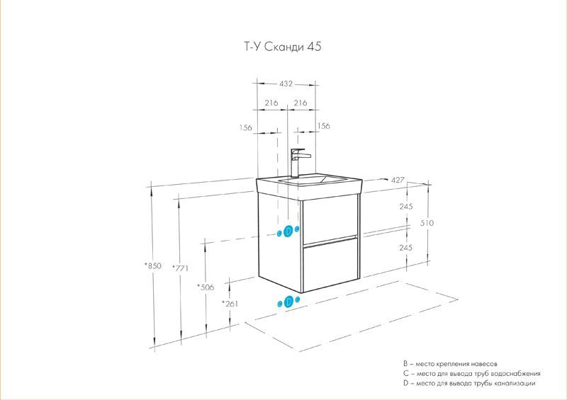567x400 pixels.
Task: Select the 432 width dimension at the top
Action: pyautogui.click(x=285, y=84)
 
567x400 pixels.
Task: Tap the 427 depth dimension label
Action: pyautogui.click(x=398, y=181)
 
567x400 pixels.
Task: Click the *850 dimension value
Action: pyautogui.click(x=152, y=265)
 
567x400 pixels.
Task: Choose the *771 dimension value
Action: pyautogui.click(x=182, y=268)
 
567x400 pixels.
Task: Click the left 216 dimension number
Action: pyautogui.click(x=270, y=103)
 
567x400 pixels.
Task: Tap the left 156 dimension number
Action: pyautogui.click(x=246, y=127)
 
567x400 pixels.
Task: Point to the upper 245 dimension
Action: pyautogui.click(x=406, y=207)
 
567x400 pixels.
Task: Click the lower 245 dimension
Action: pyautogui.click(x=406, y=248)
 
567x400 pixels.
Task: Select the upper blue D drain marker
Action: pyautogui.click(x=288, y=231)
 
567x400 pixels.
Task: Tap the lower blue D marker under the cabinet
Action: pyautogui.click(x=288, y=302)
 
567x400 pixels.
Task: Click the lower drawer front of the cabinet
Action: pyautogui.click(x=330, y=266)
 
